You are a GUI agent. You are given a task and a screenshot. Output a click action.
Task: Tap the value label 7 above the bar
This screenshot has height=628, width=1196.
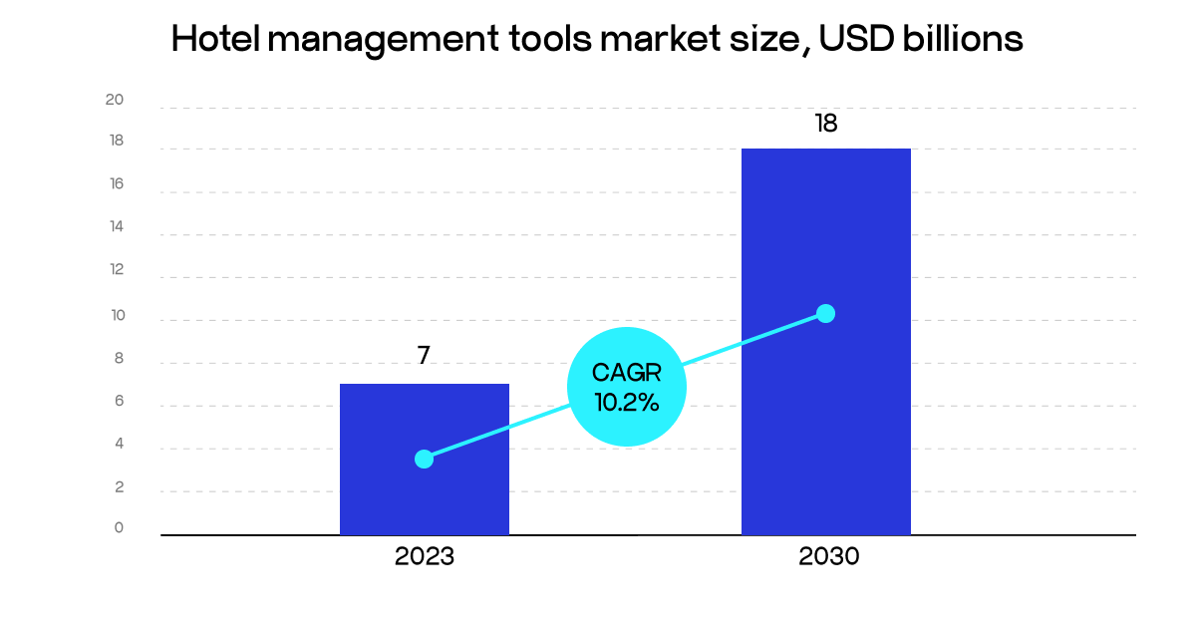pos(424,356)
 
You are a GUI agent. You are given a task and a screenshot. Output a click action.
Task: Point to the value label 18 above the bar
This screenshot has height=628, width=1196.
pos(825,124)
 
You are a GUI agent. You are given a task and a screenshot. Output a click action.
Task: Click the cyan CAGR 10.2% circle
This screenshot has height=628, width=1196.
pos(626,387)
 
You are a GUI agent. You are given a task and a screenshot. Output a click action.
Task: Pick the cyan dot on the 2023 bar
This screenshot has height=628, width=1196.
pos(424,459)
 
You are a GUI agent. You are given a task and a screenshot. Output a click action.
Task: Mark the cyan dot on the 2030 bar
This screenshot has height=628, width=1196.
pos(825,313)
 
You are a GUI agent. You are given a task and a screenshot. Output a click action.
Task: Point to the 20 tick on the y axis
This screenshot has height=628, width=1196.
pos(115,100)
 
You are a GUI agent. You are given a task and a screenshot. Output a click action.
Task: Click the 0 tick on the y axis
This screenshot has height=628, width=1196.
pos(119,527)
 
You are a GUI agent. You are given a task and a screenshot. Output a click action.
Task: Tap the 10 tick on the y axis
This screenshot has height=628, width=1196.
pos(117,315)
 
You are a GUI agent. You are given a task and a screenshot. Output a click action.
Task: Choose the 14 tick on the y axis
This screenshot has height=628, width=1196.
pos(117,226)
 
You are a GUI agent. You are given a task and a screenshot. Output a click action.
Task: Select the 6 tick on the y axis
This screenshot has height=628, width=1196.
pos(119,402)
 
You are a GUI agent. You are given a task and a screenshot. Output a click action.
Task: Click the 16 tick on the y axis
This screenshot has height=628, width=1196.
pos(117,183)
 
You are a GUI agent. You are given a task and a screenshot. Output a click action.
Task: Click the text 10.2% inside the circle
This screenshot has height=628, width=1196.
pos(626,403)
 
